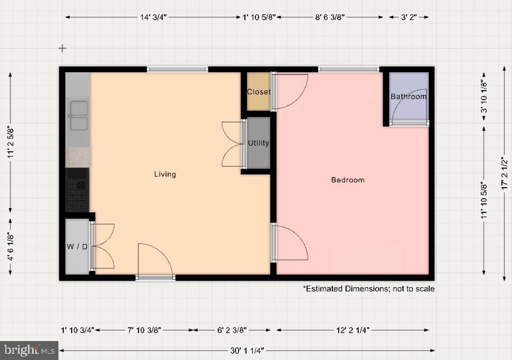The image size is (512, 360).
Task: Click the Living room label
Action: pyautogui.click(x=165, y=174)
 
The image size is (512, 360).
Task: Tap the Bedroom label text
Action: pyautogui.click(x=348, y=180)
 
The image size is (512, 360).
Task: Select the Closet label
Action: pyautogui.click(x=259, y=92)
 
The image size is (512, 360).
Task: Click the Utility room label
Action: pyautogui.click(x=259, y=143)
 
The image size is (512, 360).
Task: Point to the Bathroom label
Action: pyautogui.click(x=408, y=96)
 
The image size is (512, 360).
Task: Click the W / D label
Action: pyautogui.click(x=77, y=247)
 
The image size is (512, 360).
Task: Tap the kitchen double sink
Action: pyautogui.click(x=78, y=116)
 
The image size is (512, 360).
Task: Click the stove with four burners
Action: pyautogui.click(x=78, y=190)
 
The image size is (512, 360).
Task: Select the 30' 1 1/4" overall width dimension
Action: pyautogui.click(x=247, y=351)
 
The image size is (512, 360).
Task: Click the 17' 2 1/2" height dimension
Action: pyautogui.click(x=504, y=173)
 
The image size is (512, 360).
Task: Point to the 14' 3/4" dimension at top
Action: pyautogui.click(x=153, y=17)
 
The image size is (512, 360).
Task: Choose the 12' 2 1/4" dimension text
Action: pyautogui.click(x=352, y=330)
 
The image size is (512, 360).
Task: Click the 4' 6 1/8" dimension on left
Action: pyautogui.click(x=10, y=246)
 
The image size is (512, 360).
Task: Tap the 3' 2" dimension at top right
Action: pyautogui.click(x=409, y=17)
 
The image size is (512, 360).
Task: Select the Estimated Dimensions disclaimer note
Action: pyautogui.click(x=368, y=289)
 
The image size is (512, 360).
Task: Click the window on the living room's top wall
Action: pyautogui.click(x=177, y=69)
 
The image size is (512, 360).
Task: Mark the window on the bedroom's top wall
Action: pyautogui.click(x=348, y=69)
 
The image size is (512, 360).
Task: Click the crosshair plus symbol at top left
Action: pyautogui.click(x=62, y=48)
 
